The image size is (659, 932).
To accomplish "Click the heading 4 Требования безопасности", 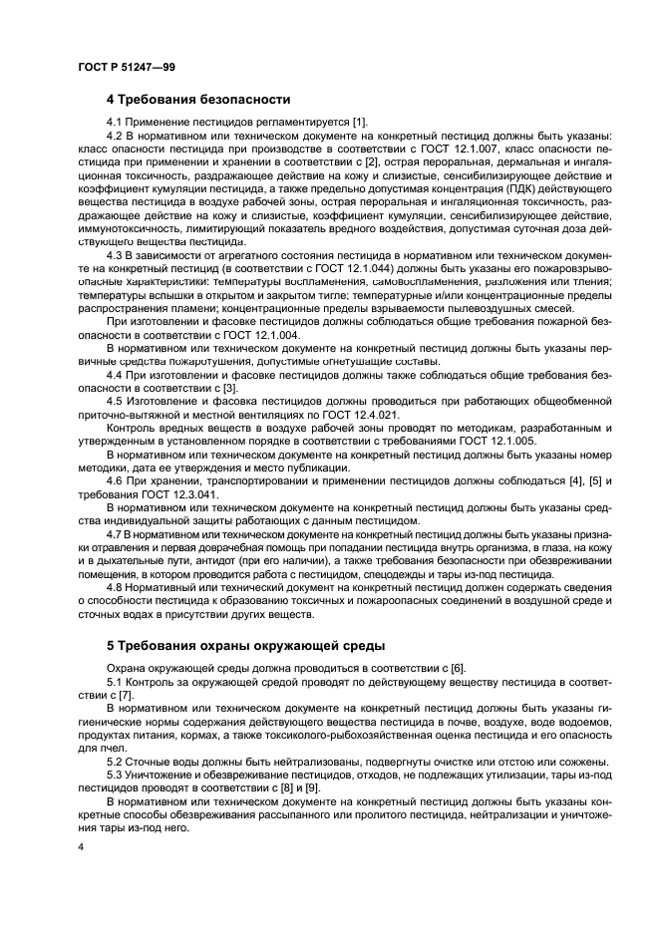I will [198, 99].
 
